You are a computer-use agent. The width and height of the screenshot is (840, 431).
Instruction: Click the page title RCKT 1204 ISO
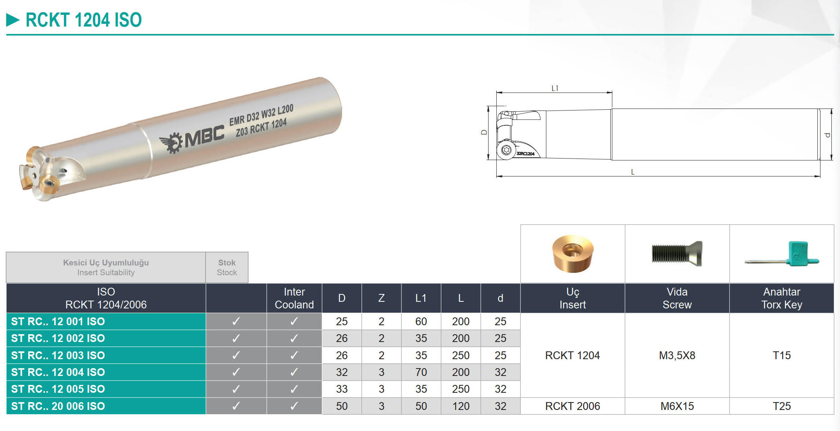(84, 20)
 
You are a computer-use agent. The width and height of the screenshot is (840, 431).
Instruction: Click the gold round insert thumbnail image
(572, 253)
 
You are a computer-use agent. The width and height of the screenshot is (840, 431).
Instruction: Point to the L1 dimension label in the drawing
(555, 88)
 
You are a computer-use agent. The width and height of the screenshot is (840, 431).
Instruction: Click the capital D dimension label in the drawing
(484, 132)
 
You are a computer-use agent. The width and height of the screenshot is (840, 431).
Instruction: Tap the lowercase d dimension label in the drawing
(828, 135)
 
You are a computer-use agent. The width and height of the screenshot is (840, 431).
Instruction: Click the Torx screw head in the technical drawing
(506, 150)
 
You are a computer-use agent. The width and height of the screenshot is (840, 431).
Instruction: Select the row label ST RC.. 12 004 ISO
(58, 372)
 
